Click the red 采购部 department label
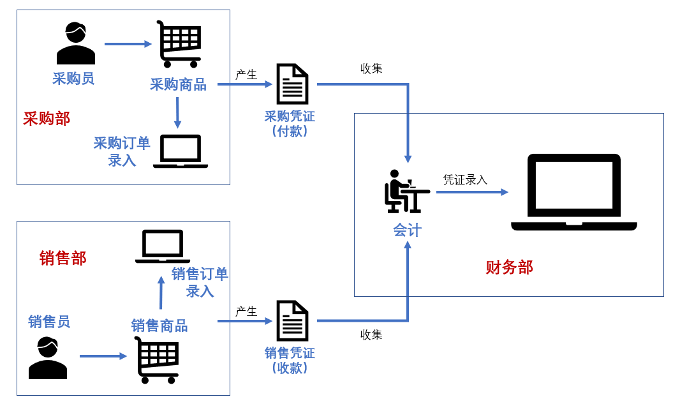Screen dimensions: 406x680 (47, 119)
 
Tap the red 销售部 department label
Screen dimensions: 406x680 (63, 258)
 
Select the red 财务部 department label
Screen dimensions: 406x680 (509, 267)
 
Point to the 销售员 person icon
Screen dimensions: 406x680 (48, 358)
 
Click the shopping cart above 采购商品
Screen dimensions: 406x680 (179, 44)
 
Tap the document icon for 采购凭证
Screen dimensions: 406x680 (292, 84)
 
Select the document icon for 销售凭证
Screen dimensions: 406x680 (292, 320)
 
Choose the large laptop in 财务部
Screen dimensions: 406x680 (574, 192)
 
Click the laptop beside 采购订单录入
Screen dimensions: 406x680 (181, 151)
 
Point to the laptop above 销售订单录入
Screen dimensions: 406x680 (163, 246)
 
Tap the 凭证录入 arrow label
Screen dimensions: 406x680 (465, 179)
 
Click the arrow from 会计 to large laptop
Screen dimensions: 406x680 (472, 192)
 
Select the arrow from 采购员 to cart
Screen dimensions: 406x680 (128, 44)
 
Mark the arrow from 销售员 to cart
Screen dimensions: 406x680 (103, 356)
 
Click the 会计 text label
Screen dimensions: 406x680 (407, 230)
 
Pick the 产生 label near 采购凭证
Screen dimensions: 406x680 (246, 75)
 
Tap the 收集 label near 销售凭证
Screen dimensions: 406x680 (371, 334)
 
